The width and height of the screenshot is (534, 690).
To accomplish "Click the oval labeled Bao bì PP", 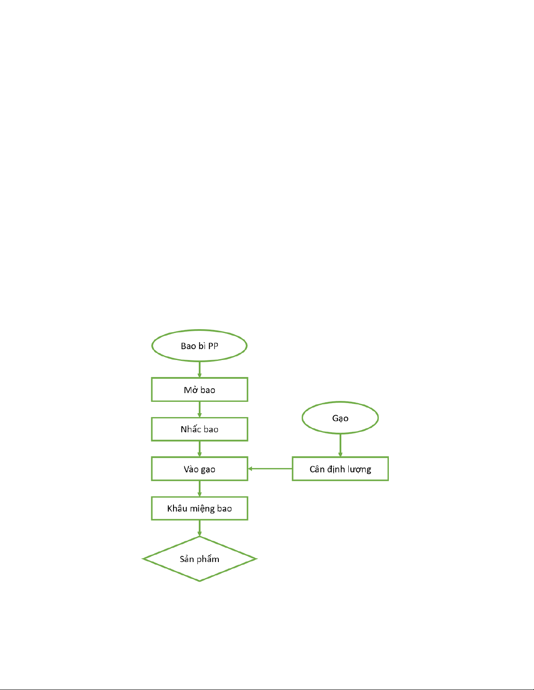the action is tap(199, 346).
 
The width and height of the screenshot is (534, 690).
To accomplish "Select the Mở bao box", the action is tap(199, 390).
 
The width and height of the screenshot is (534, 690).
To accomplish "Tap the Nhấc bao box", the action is tap(199, 429).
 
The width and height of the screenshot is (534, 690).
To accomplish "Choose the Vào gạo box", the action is tap(199, 469).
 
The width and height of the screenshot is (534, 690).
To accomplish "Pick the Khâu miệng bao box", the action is tap(199, 508).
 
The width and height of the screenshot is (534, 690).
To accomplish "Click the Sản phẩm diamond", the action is tap(199, 559).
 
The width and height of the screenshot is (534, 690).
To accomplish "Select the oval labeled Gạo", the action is tap(340, 417).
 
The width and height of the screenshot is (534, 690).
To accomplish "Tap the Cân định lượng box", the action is tap(340, 469).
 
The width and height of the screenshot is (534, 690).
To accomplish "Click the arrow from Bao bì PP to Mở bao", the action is tap(199, 370).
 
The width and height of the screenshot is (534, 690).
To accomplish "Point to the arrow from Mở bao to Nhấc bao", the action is tap(199, 410).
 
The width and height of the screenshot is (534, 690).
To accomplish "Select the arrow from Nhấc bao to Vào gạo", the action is tap(199, 449).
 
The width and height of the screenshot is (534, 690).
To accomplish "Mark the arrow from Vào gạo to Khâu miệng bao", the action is tap(199, 489).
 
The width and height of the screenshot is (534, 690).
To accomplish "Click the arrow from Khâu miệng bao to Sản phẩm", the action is tap(199, 528).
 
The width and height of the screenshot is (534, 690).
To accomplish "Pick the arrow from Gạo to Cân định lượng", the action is tap(340, 445).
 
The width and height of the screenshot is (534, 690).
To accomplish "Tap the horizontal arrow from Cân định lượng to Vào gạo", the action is tap(270, 469).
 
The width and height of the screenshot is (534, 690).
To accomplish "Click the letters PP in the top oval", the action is tap(213, 346).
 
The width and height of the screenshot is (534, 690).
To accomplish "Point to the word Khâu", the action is tap(177, 508).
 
